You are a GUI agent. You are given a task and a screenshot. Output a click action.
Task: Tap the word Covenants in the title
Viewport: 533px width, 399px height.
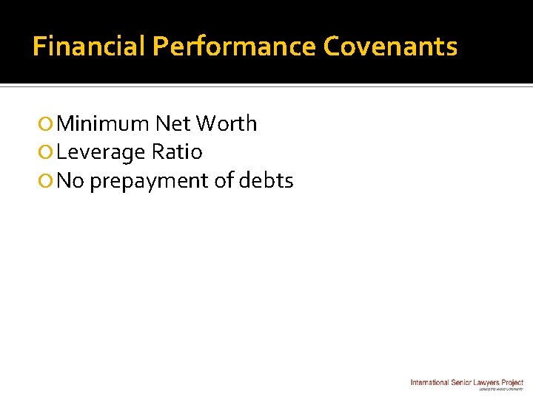[390, 47]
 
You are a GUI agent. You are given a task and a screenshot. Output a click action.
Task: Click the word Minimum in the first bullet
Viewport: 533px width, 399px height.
[103, 123]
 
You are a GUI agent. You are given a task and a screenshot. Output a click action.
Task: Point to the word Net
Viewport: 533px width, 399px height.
[173, 123]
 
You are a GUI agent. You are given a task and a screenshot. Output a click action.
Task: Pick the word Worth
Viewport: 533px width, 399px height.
[227, 123]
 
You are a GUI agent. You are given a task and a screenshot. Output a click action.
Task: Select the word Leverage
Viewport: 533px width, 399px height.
[101, 152]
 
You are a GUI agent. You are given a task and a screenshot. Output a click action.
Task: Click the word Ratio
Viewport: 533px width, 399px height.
[177, 151]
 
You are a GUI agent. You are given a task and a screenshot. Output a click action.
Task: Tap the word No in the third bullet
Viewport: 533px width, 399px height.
[70, 180]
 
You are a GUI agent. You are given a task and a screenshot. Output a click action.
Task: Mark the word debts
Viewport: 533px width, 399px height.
[267, 180]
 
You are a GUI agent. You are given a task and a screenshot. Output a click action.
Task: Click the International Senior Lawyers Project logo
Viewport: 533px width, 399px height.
[467, 383]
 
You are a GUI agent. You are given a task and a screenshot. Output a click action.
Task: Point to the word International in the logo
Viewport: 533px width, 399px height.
[430, 382]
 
